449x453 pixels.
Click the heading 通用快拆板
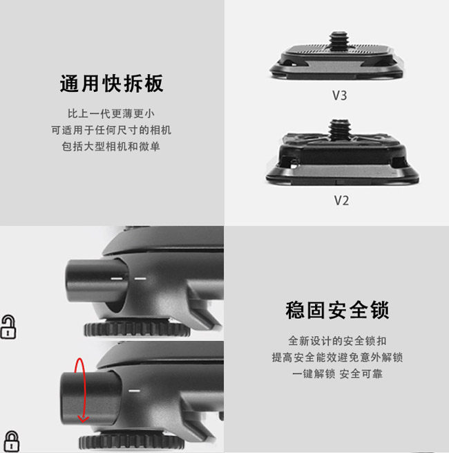pyautogui.click(x=111, y=84)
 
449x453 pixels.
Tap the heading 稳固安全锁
pyautogui.click(x=337, y=310)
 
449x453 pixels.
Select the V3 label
pyautogui.click(x=339, y=95)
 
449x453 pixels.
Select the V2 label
pyautogui.click(x=341, y=201)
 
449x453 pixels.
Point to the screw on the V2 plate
pyautogui.click(x=338, y=129)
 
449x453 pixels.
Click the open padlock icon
pyautogui.click(x=8, y=327)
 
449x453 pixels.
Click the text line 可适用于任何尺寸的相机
pyautogui.click(x=111, y=130)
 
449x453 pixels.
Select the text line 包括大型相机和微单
pyautogui.click(x=111, y=147)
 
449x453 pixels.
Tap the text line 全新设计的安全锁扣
pyautogui.click(x=337, y=341)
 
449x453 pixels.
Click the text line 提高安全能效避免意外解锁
pyautogui.click(x=337, y=358)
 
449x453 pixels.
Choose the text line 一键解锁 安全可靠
pyautogui.click(x=337, y=374)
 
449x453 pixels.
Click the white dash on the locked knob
pyautogui.click(x=134, y=391)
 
